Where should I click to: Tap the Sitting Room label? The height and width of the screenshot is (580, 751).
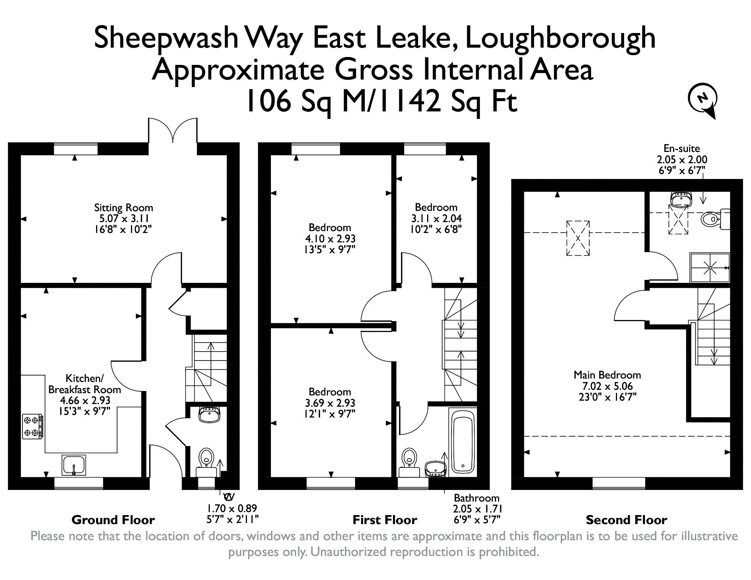[x=123, y=207]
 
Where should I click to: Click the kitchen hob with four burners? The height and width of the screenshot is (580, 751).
[x=32, y=426]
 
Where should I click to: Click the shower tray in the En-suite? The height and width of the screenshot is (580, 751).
[x=710, y=267]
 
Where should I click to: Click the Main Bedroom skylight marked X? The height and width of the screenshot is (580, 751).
[x=578, y=238]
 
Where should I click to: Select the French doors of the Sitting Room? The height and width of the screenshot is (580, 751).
[x=173, y=131]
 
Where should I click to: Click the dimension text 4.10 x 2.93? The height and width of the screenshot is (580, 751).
[x=330, y=239]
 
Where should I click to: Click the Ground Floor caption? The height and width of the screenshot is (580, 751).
[x=113, y=520]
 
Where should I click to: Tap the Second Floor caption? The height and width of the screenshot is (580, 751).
[x=626, y=520]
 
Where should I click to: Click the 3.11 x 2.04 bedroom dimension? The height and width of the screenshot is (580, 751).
[x=436, y=218]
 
